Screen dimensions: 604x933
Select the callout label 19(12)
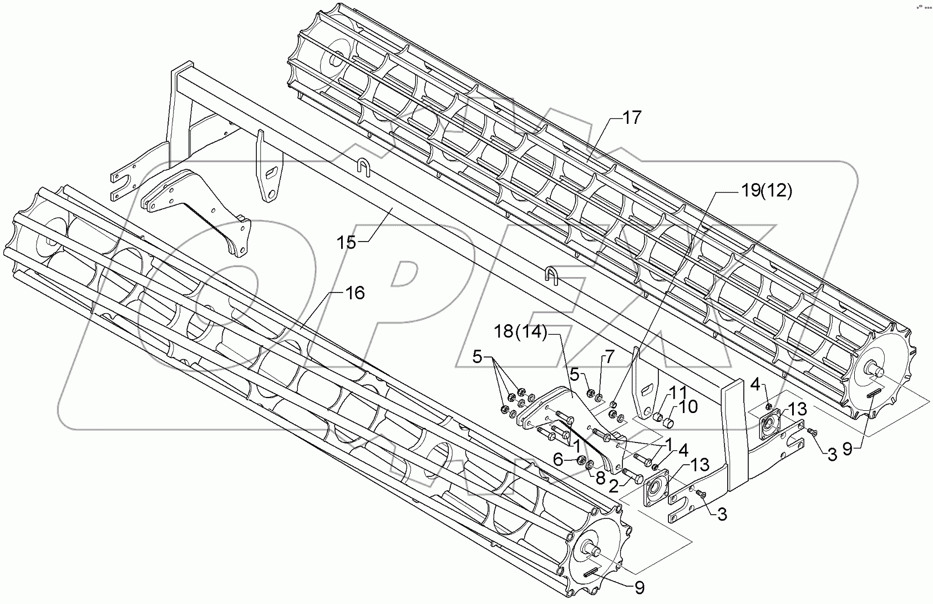point(767,192)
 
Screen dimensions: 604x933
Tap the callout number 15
point(347,243)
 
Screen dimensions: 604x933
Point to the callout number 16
point(354,293)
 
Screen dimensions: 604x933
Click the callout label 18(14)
point(521,333)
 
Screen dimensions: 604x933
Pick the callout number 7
point(609,357)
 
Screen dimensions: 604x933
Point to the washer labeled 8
point(590,464)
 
